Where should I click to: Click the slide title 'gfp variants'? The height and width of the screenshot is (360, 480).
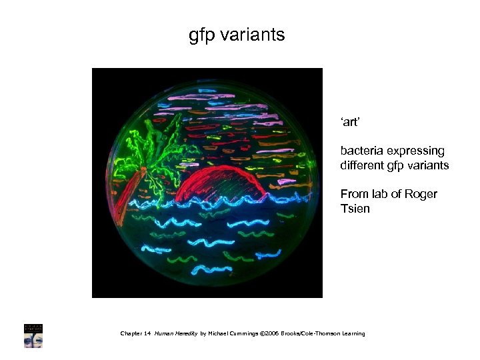(x=237, y=35)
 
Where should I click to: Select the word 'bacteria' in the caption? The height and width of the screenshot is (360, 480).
(x=360, y=151)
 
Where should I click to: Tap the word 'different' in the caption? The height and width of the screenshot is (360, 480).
(x=361, y=165)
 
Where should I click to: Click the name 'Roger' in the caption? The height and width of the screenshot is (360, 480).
(x=421, y=194)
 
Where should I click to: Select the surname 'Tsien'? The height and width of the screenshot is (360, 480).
(x=355, y=209)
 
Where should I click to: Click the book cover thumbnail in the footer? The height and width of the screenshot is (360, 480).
(x=33, y=335)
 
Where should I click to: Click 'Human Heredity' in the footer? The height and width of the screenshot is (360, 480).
(x=175, y=333)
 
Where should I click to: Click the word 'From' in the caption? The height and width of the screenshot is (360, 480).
(x=353, y=194)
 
